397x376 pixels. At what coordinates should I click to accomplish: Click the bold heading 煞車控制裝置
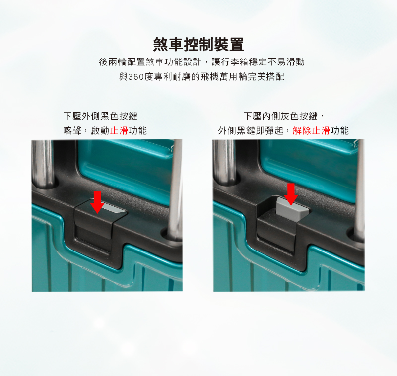pyautogui.click(x=198, y=44)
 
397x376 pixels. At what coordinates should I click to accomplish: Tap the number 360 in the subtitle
pyautogui.click(x=136, y=77)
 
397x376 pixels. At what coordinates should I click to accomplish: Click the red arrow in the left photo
pyautogui.click(x=97, y=202)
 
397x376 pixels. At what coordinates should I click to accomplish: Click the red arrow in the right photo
pyautogui.click(x=291, y=194)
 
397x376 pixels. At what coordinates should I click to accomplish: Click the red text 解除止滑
pyautogui.click(x=311, y=131)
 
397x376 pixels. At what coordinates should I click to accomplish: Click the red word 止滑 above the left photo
pyautogui.click(x=119, y=131)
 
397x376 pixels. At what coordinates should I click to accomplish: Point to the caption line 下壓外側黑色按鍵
pyautogui.click(x=100, y=116)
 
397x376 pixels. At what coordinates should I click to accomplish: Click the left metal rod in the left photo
pyautogui.click(x=44, y=163)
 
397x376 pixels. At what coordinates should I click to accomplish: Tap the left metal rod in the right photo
pyautogui.click(x=224, y=162)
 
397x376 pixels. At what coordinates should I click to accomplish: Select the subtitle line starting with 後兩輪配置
pyautogui.click(x=201, y=62)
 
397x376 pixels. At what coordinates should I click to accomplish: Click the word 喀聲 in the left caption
pyautogui.click(x=72, y=131)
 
